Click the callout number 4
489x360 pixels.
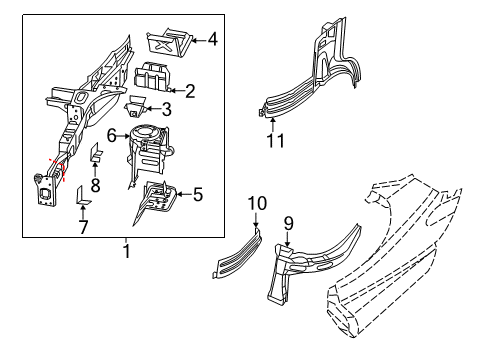213,40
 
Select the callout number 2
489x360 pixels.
190,91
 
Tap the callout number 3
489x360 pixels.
166,110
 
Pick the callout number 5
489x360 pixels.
197,195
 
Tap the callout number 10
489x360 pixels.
256,203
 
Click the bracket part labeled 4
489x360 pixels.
167,43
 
